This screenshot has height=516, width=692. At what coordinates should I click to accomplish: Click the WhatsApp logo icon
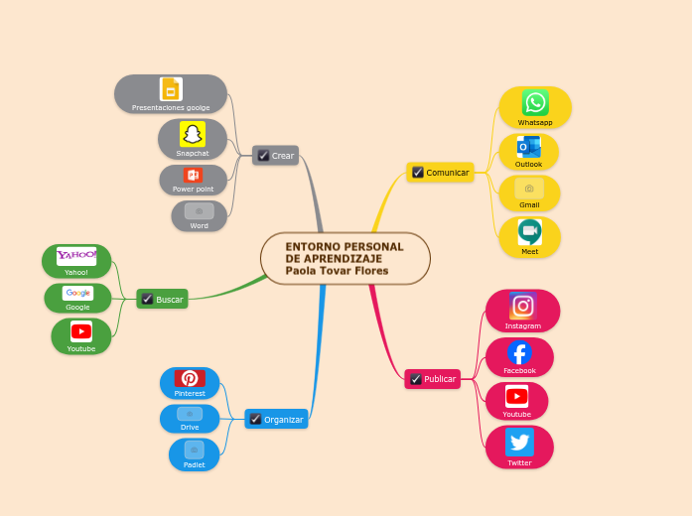pyautogui.click(x=535, y=102)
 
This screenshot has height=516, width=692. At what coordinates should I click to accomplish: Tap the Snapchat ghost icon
pyautogui.click(x=193, y=134)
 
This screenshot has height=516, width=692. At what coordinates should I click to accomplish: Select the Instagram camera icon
pyautogui.click(x=522, y=306)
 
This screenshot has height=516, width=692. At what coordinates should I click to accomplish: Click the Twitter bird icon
pyautogui.click(x=519, y=443)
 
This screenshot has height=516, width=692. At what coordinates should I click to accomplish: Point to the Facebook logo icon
pyautogui.click(x=519, y=352)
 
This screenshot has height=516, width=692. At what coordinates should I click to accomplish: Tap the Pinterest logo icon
pyautogui.click(x=190, y=378)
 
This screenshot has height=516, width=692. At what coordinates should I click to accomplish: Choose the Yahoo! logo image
pyautogui.click(x=76, y=256)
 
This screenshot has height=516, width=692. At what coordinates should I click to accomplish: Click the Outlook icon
pyautogui.click(x=528, y=147)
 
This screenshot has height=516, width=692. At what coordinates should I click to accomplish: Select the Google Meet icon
pyautogui.click(x=529, y=232)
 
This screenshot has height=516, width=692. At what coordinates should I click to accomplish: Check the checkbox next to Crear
pyautogui.click(x=263, y=156)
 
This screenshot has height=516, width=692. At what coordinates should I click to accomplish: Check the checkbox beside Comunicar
pyautogui.click(x=418, y=172)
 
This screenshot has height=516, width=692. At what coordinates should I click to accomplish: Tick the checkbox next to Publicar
pyautogui.click(x=415, y=379)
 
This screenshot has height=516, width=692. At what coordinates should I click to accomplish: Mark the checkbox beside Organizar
pyautogui.click(x=255, y=420)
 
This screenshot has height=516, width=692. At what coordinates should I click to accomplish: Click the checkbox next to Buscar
pyautogui.click(x=147, y=299)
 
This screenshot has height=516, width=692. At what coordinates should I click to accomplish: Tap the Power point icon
pyautogui.click(x=193, y=176)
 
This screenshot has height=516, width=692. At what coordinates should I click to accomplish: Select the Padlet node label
pyautogui.click(x=194, y=464)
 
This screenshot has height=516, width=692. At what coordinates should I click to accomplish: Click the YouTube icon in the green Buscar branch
pyautogui.click(x=81, y=331)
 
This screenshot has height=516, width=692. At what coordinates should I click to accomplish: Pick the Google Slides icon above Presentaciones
pyautogui.click(x=171, y=89)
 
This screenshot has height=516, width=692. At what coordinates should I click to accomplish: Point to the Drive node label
pyautogui.click(x=190, y=427)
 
